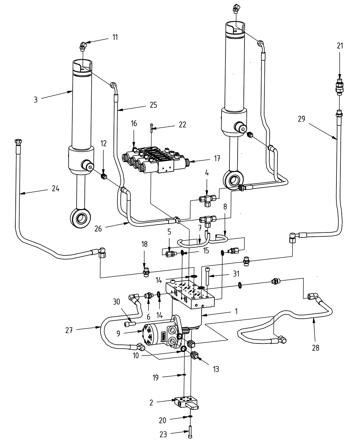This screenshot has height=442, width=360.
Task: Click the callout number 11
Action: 115,37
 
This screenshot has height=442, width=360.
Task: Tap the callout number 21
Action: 340,46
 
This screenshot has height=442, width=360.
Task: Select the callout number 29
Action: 301,119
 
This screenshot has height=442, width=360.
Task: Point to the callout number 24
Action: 56,188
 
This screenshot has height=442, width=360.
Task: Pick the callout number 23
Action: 163,434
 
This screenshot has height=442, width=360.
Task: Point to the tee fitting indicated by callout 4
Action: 207,199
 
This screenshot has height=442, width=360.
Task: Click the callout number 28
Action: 315,348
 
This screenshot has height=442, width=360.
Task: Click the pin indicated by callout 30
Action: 129,324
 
